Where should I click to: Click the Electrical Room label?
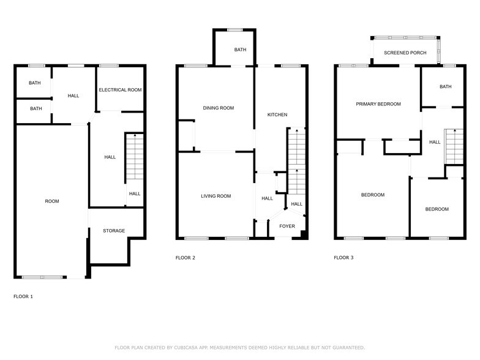pyautogui.click(x=121, y=90)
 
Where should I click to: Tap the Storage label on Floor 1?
pyautogui.click(x=114, y=231)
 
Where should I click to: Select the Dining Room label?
pyautogui.click(x=219, y=108)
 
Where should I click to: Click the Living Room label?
pyautogui.click(x=216, y=196)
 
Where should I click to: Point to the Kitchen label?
pyautogui.click(x=277, y=115)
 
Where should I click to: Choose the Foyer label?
pyautogui.click(x=287, y=227)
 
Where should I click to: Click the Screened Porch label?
pyautogui.click(x=405, y=53)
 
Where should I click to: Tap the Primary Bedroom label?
pyautogui.click(x=378, y=104)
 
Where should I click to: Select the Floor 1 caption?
pyautogui.click(x=23, y=296)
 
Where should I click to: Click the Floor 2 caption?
pyautogui.click(x=186, y=258)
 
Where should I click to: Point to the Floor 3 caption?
pyautogui.click(x=343, y=258)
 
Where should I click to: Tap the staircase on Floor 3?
pyautogui.click(x=454, y=147)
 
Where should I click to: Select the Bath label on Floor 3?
pyautogui.click(x=445, y=87)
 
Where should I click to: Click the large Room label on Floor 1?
pyautogui.click(x=52, y=201)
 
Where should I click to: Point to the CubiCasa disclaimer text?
pyautogui.click(x=239, y=347)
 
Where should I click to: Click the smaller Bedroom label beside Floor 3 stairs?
pyautogui.click(x=437, y=209)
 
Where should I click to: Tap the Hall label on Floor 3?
pyautogui.click(x=435, y=142)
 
